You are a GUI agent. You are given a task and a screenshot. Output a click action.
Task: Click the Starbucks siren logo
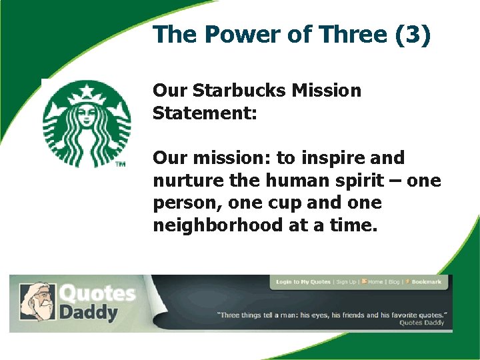[x=87, y=123]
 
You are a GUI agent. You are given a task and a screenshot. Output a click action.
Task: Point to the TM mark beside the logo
[x=121, y=164]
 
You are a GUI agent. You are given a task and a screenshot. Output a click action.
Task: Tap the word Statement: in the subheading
[x=205, y=113]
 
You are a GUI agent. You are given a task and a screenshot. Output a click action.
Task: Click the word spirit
[x=365, y=181]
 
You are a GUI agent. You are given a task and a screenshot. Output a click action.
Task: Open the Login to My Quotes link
[x=303, y=282]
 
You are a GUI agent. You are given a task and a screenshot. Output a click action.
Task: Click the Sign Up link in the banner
[x=346, y=282]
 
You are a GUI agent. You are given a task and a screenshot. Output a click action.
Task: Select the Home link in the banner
[x=375, y=282]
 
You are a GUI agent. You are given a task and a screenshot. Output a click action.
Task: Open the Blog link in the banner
[x=394, y=282]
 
